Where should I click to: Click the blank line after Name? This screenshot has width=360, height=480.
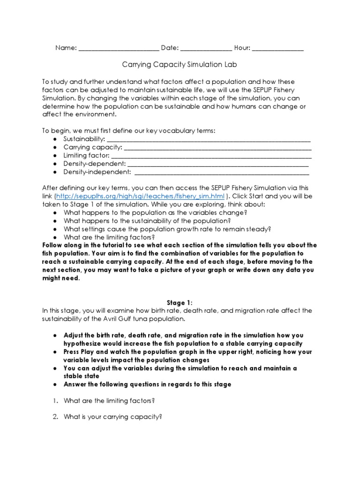(x=119, y=48)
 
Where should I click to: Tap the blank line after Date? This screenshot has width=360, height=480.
(x=206, y=48)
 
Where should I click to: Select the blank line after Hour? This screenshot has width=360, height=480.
(x=277, y=48)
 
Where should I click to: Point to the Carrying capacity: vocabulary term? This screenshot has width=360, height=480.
(x=92, y=147)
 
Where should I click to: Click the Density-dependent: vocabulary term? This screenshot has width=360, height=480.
(x=94, y=164)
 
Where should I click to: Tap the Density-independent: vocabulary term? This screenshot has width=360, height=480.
(x=97, y=172)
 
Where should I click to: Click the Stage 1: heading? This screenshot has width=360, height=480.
(x=180, y=302)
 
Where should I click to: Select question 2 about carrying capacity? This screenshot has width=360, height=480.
(x=112, y=417)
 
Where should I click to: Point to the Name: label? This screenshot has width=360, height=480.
(x=65, y=48)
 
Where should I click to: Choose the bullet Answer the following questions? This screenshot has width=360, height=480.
(x=147, y=384)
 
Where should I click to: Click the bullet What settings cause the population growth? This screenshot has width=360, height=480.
(x=167, y=229)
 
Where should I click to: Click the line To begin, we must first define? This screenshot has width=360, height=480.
(x=129, y=130)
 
